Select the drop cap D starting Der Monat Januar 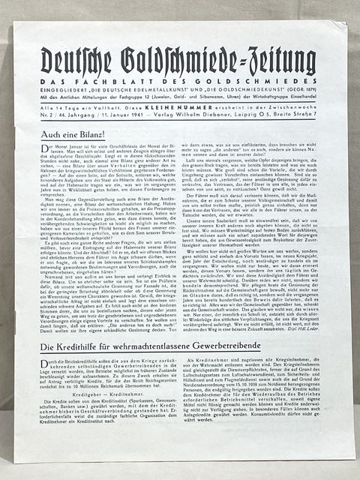[45, 152]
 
